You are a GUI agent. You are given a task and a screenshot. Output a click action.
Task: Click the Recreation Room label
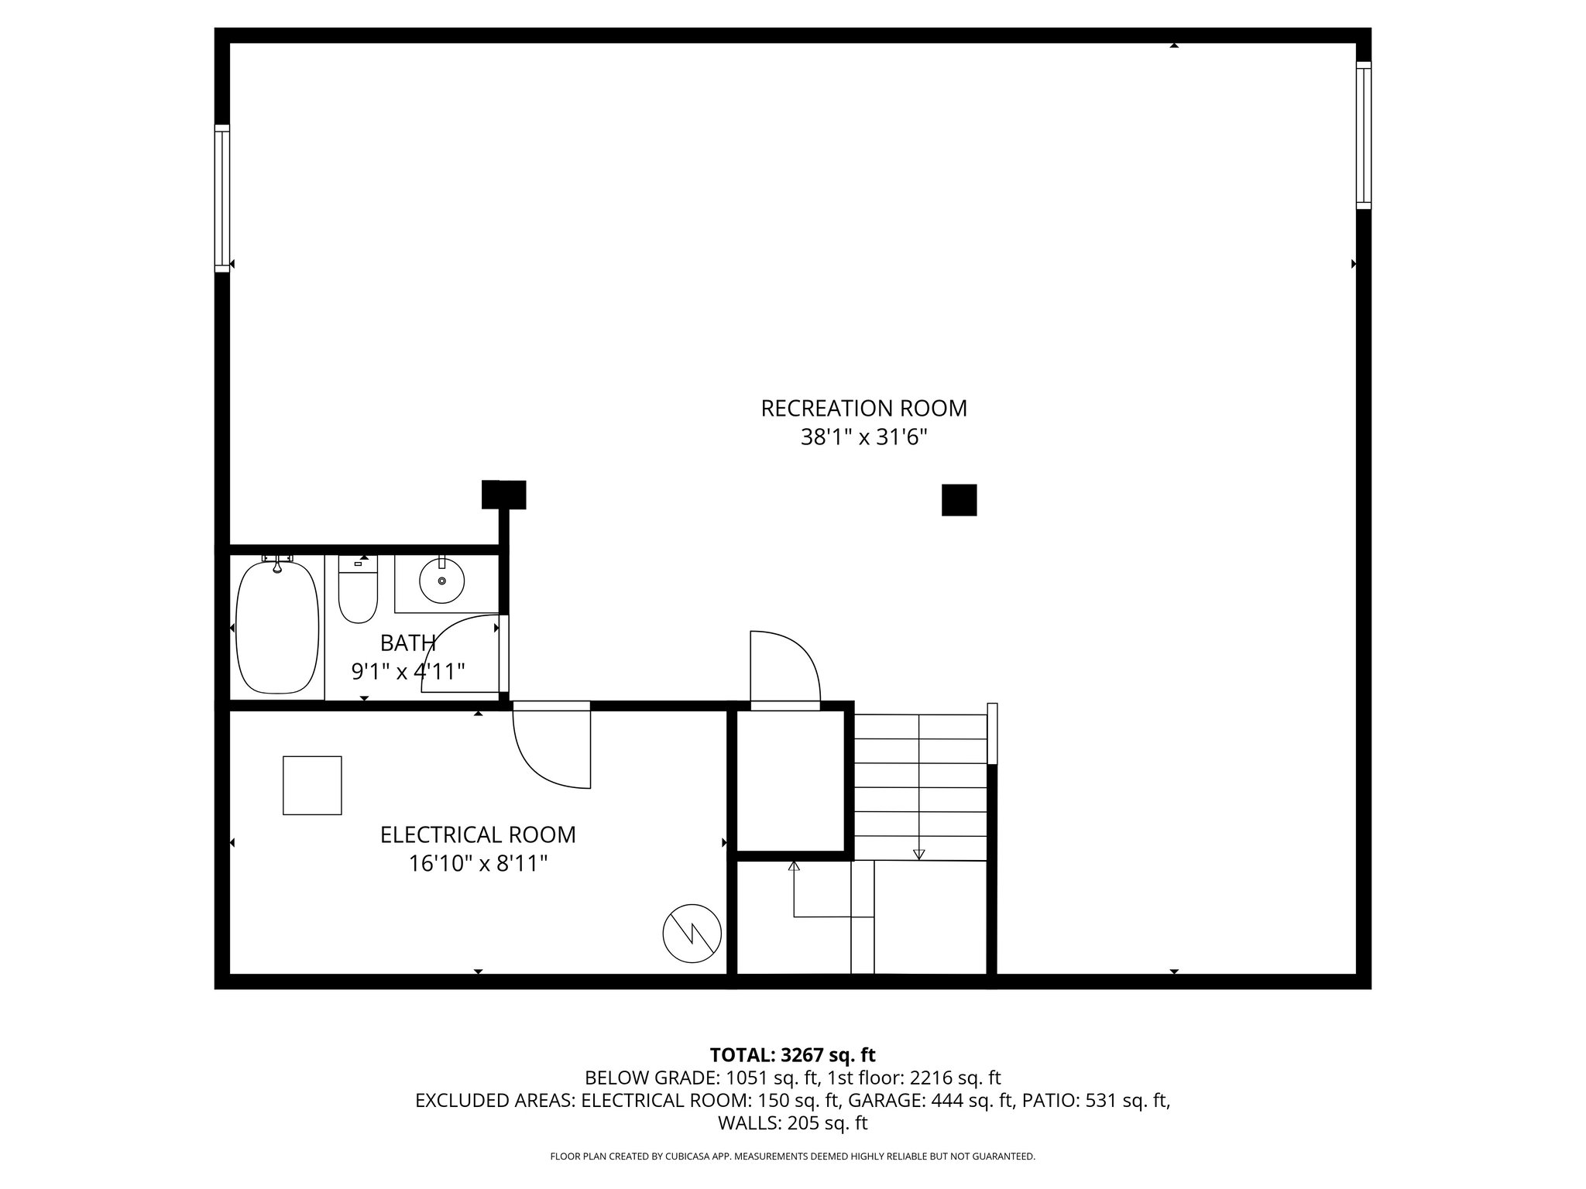click(x=863, y=408)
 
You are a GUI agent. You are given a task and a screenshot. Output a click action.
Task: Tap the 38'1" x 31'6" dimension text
click(x=863, y=438)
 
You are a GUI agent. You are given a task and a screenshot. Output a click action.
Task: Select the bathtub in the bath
click(x=277, y=627)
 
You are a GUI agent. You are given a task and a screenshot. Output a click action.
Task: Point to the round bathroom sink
click(x=441, y=581)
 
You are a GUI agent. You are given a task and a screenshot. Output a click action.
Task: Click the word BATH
click(x=407, y=642)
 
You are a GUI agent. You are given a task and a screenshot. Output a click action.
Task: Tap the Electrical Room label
click(x=478, y=834)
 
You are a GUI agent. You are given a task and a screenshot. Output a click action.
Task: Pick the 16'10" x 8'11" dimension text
click(x=478, y=863)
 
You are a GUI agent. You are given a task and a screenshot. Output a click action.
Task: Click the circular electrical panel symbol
click(x=692, y=933)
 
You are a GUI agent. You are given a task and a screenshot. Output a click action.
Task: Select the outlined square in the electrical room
click(x=312, y=785)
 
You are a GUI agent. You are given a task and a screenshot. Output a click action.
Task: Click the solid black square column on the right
click(x=959, y=500)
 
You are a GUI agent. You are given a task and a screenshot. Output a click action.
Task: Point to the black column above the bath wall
click(x=503, y=495)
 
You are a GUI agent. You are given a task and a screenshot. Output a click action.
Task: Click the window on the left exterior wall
click(x=222, y=198)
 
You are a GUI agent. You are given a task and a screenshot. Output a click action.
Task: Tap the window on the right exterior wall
click(x=1363, y=135)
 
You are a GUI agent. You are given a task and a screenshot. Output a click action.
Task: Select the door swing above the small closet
click(x=784, y=667)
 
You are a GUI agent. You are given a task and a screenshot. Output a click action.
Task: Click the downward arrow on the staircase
click(x=919, y=854)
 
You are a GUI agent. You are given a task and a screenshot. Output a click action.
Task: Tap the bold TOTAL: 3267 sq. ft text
click(x=792, y=1054)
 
